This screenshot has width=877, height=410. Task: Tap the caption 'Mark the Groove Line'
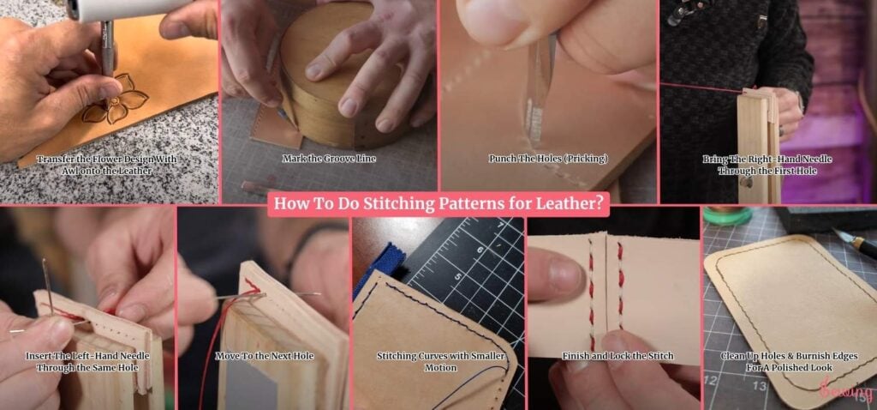(x=329, y=159)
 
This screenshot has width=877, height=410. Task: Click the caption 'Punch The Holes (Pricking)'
(x=548, y=159)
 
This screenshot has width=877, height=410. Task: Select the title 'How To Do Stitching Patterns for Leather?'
(x=438, y=204)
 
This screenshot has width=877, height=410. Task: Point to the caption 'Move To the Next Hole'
(x=265, y=356)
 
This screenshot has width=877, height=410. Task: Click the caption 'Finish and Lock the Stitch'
(x=617, y=356)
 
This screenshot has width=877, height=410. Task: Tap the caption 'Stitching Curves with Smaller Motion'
(x=440, y=362)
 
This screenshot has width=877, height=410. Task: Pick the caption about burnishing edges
(x=789, y=362)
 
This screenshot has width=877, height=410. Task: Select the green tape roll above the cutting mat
(x=727, y=216)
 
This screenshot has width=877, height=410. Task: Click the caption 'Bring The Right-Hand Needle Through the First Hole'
(x=767, y=165)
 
